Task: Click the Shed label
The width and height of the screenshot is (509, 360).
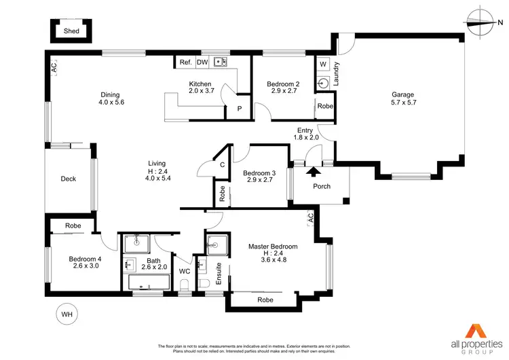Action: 71,31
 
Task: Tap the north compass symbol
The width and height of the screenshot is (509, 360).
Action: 482,21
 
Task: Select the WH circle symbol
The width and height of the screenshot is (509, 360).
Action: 66,314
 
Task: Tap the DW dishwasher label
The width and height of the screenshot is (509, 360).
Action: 202,62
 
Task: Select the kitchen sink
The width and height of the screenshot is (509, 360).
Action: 220,62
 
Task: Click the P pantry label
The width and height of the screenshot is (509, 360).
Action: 239,109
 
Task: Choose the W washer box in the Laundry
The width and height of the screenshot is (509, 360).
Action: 322,65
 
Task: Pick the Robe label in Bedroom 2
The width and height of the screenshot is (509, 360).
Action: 325,107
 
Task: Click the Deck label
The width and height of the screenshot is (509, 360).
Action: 69,179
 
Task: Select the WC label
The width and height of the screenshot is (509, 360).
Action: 184,271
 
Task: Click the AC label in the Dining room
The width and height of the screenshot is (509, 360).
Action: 53,68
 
